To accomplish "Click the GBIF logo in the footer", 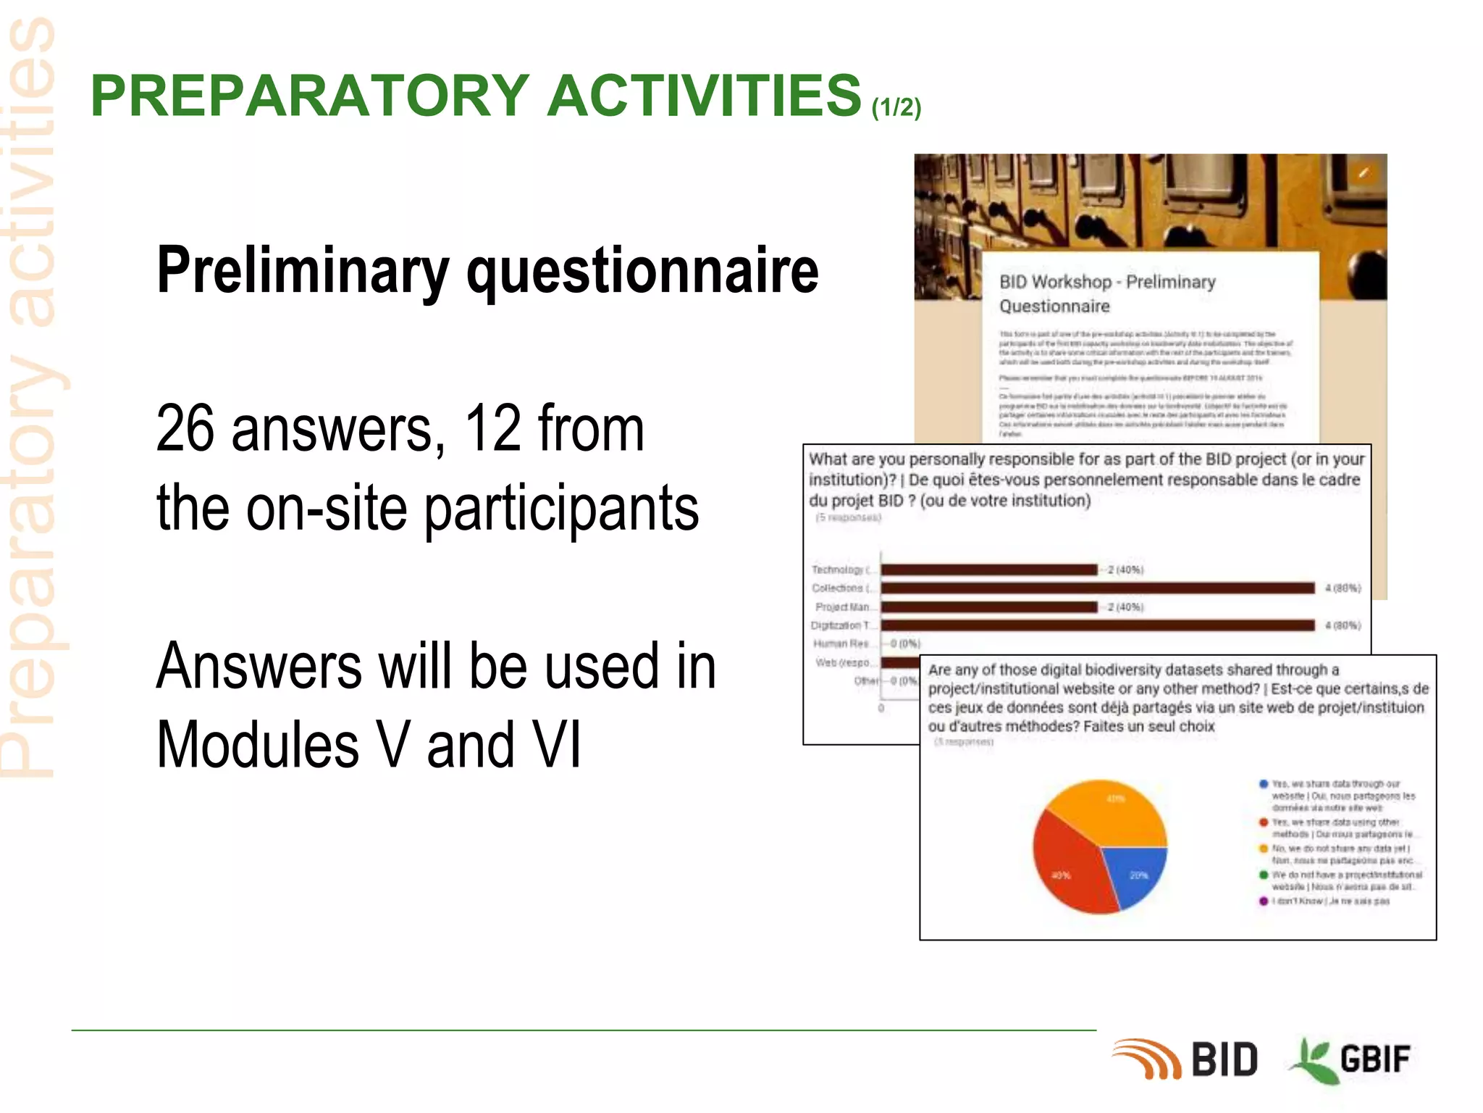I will coord(1351,1059).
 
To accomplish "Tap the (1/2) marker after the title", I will coord(896,107).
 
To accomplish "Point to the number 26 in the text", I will coord(185,428).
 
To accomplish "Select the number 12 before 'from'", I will coord(492,428).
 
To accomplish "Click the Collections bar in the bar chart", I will coord(1097,588).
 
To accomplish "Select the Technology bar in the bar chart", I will coord(988,570).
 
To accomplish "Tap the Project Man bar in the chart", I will coord(988,606).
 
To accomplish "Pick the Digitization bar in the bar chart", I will coord(1097,625).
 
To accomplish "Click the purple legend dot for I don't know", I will coord(1264,901).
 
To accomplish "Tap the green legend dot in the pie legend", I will coord(1264,875).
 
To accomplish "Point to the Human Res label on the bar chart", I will coord(840,643).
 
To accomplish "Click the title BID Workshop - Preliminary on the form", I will coord(1106,282).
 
